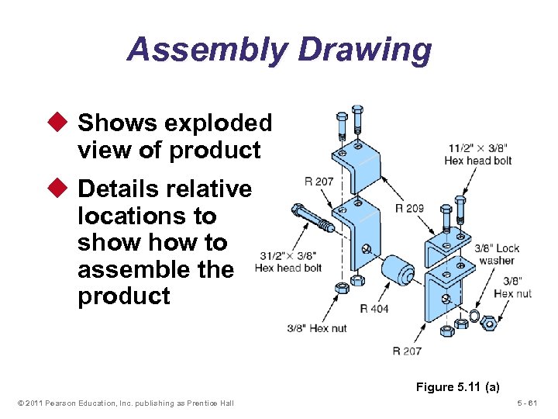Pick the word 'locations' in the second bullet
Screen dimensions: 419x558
146,216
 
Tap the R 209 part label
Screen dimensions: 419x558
409,208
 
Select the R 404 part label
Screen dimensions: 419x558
374,309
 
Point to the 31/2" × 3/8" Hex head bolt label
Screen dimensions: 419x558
288,261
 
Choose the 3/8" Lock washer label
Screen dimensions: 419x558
496,255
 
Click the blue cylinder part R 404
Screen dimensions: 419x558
398,271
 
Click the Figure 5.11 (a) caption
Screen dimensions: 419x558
457,386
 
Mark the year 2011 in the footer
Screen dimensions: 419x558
33,402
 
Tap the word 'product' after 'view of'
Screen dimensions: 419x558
215,150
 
